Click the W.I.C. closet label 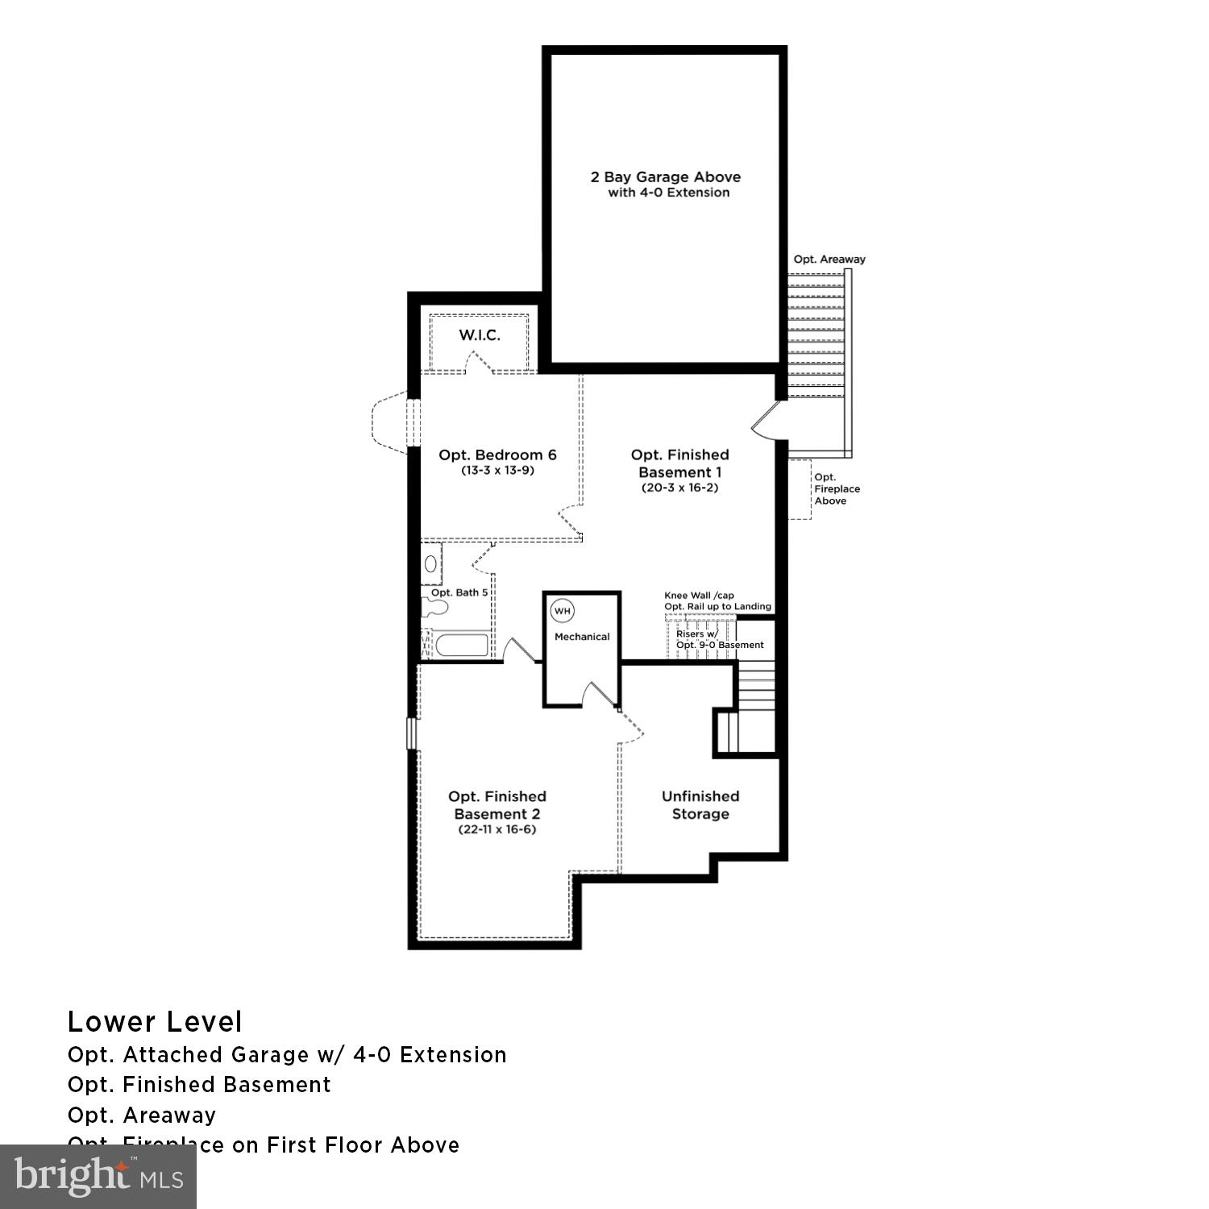pyautogui.click(x=480, y=335)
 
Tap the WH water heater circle pyautogui.click(x=562, y=611)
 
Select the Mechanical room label pyautogui.click(x=582, y=637)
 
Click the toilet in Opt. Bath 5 pyautogui.click(x=434, y=607)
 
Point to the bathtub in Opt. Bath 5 pyautogui.click(x=461, y=646)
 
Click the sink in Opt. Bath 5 pyautogui.click(x=431, y=563)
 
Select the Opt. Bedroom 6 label pyautogui.click(x=497, y=455)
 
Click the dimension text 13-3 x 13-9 pyautogui.click(x=497, y=471)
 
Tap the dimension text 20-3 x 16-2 pyautogui.click(x=679, y=488)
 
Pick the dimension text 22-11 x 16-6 pyautogui.click(x=496, y=829)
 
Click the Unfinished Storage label pyautogui.click(x=700, y=805)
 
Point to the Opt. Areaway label pyautogui.click(x=829, y=260)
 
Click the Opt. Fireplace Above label pyautogui.click(x=837, y=489)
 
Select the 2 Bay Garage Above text pyautogui.click(x=666, y=177)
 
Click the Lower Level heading pyautogui.click(x=155, y=1022)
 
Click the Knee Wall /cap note pyautogui.click(x=699, y=596)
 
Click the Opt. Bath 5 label pyautogui.click(x=459, y=592)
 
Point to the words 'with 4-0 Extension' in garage pyautogui.click(x=669, y=193)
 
